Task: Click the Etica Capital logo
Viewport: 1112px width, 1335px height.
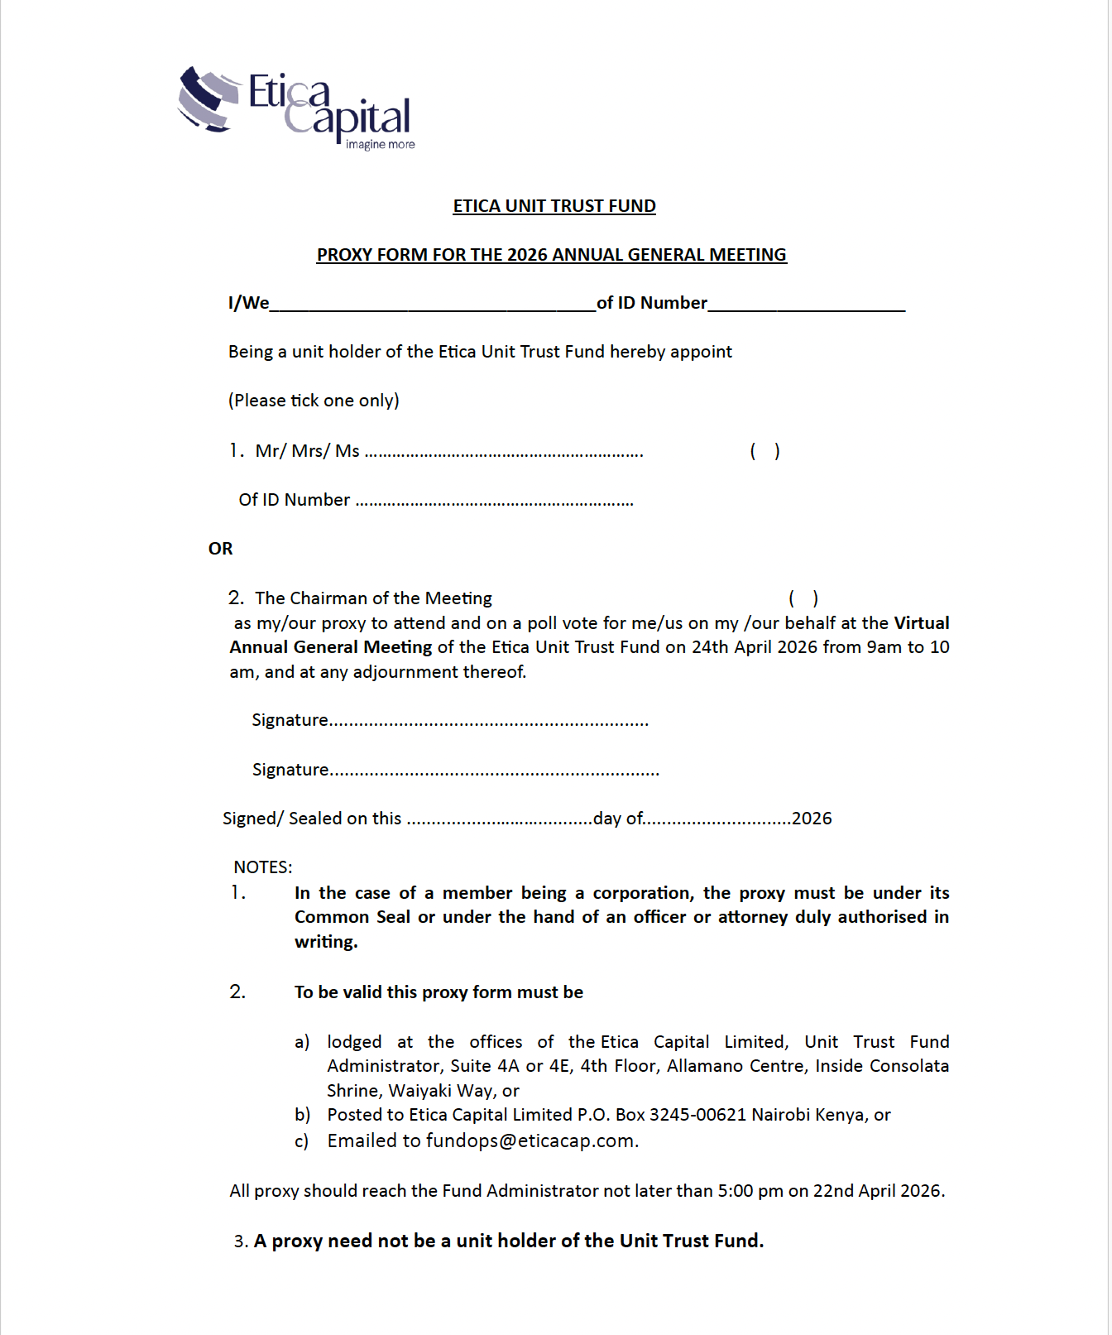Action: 295,108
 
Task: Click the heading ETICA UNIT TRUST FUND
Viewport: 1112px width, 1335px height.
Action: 554,206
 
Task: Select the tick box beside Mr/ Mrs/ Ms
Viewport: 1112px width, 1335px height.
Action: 764,451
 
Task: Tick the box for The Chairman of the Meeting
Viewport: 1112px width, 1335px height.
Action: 803,598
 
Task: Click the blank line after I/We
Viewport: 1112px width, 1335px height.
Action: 432,305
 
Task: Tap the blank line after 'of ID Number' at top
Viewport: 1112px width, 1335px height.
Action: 806,305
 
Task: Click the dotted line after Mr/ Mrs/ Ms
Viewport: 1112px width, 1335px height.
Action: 504,453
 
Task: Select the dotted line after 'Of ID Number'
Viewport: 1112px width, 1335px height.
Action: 494,502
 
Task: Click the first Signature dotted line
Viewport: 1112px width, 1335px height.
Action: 489,722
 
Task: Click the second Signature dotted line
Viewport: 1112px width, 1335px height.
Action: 495,771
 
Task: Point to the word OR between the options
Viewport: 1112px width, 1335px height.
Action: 220,549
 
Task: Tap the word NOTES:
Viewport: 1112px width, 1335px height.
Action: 262,867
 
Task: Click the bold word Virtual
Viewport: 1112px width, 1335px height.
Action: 921,623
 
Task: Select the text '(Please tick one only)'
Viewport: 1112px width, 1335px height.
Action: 314,401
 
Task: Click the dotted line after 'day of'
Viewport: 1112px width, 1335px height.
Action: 717,820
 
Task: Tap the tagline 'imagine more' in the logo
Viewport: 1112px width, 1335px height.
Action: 380,145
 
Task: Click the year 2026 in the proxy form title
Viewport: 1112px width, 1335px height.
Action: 527,255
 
